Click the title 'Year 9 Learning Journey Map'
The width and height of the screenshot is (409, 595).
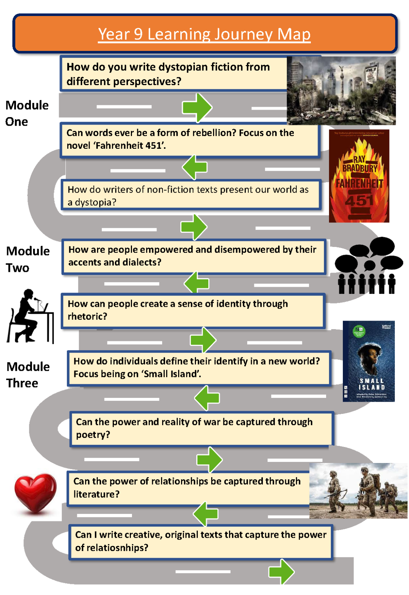204,34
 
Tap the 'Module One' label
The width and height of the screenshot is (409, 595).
27,113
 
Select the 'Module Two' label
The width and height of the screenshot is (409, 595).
28,259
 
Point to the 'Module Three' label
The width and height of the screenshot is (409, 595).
28,374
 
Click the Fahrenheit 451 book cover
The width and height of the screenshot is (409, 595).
359,176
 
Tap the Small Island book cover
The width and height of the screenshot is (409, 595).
368,361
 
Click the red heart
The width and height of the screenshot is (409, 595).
35,493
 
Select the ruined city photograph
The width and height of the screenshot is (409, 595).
341,90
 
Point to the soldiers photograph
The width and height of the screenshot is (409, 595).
358,491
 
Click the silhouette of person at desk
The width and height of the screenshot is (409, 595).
30,316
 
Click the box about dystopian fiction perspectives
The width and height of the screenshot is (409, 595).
173,74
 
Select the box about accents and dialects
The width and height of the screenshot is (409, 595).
193,256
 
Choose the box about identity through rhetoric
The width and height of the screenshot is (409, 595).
193,310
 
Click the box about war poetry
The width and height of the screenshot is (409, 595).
201,428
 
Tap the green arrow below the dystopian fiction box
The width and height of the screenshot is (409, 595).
197,108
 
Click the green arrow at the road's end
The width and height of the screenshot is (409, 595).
281,571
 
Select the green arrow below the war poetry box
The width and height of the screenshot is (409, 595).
209,460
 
